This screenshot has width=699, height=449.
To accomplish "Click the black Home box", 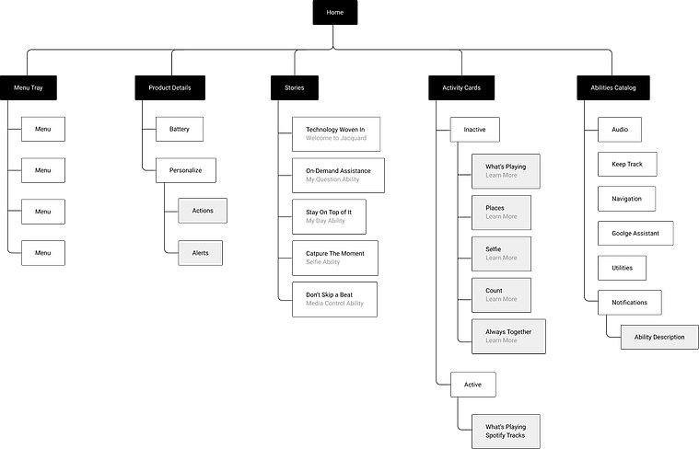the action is [x=335, y=13].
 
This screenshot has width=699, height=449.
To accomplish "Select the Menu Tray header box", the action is [x=29, y=87].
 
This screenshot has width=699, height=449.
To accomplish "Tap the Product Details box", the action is [x=169, y=87].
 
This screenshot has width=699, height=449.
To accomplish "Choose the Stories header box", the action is [x=295, y=87].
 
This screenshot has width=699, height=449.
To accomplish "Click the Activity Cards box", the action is [x=461, y=87].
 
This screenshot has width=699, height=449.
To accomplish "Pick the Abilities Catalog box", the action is [x=613, y=87].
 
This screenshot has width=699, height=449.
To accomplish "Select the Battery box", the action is [x=180, y=129].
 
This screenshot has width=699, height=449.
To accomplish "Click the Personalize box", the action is [x=186, y=170].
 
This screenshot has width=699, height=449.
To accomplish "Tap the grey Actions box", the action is [x=203, y=211].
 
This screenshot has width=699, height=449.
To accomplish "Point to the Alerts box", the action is [x=201, y=253].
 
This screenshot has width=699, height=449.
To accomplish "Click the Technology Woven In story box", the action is [x=336, y=134].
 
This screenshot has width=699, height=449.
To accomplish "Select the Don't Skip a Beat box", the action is [x=335, y=299].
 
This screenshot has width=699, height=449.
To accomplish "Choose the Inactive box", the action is [x=475, y=130].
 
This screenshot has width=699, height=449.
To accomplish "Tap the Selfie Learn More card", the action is [x=502, y=254].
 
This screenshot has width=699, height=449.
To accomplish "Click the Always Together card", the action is [x=508, y=337].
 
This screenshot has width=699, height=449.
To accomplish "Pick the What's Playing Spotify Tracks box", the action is [x=506, y=432].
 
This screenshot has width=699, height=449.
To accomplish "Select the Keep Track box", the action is [x=627, y=165].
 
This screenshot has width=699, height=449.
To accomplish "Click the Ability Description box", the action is [x=659, y=337].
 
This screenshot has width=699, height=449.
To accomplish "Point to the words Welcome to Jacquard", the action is [x=336, y=138].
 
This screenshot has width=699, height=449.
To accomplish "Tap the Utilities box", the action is [x=622, y=268].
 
